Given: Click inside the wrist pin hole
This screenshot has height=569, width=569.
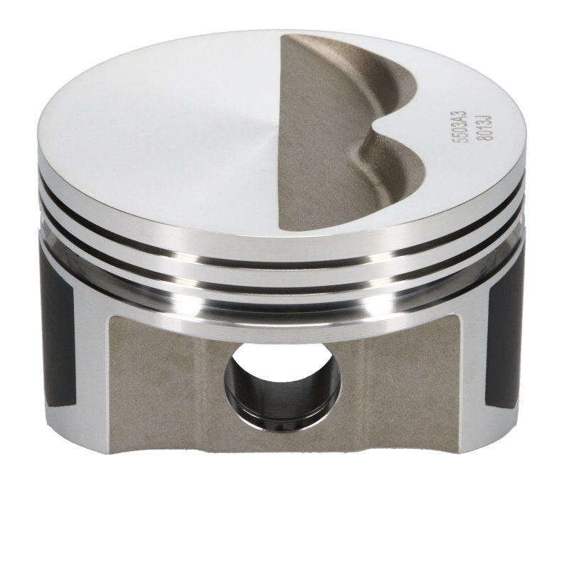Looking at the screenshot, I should tap(282, 384).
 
